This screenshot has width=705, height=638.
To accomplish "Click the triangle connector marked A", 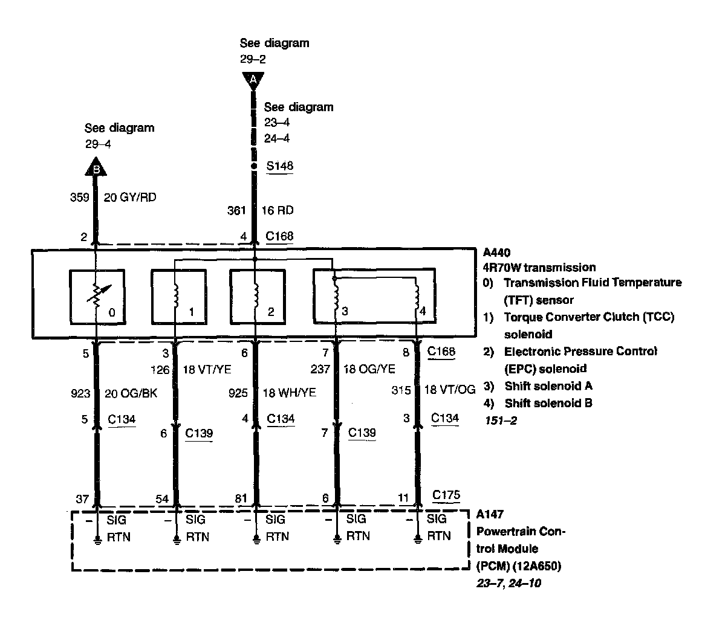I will pyautogui.click(x=253, y=79).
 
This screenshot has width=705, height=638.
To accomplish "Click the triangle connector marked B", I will pyautogui.click(x=96, y=167).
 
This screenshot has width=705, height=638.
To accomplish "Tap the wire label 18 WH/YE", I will pyautogui.click(x=290, y=393).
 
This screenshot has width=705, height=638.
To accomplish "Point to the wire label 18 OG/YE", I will pyautogui.click(x=370, y=369).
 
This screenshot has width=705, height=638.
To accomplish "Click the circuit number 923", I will pyautogui.click(x=80, y=393).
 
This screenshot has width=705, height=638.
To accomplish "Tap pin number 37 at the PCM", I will pyautogui.click(x=82, y=498).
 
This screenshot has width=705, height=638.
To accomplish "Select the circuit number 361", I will pyautogui.click(x=236, y=210).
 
